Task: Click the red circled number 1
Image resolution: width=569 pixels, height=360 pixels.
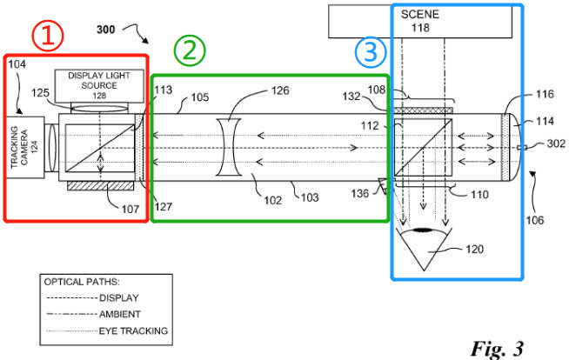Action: click(48, 36)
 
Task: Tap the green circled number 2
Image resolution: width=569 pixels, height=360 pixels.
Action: click(190, 50)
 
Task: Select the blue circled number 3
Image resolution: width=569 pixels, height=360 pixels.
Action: click(370, 52)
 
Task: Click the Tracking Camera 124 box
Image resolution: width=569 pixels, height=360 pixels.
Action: click(25, 147)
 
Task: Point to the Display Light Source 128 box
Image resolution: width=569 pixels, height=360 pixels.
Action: click(99, 86)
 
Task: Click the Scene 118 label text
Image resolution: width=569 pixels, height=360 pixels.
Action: click(420, 21)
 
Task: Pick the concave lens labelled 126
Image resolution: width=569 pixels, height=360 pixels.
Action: click(229, 147)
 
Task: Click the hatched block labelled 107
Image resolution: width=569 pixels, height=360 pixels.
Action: click(101, 185)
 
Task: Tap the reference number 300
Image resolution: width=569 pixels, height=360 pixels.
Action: click(105, 30)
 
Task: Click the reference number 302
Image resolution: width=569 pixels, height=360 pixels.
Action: click(556, 144)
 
